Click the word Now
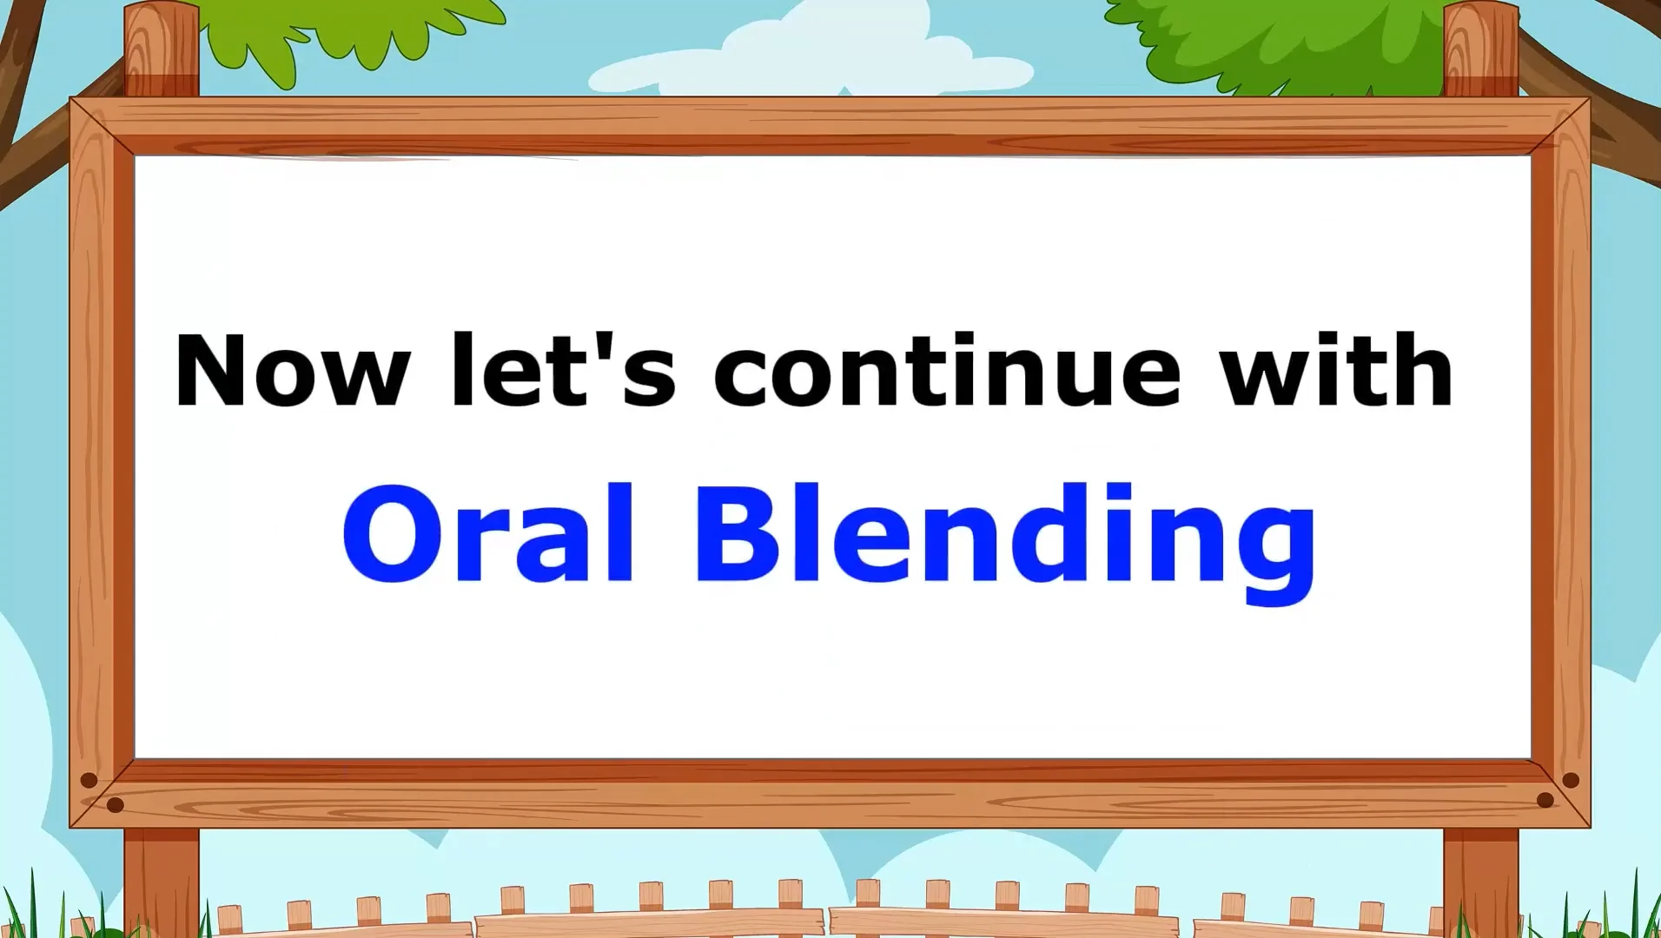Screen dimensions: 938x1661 (291, 372)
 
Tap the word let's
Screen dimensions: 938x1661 (563, 372)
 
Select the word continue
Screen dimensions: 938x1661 (947, 372)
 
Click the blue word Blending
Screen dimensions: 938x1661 (1006, 538)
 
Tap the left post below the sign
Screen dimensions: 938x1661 (162, 877)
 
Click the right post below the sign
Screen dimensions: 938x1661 (1480, 877)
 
